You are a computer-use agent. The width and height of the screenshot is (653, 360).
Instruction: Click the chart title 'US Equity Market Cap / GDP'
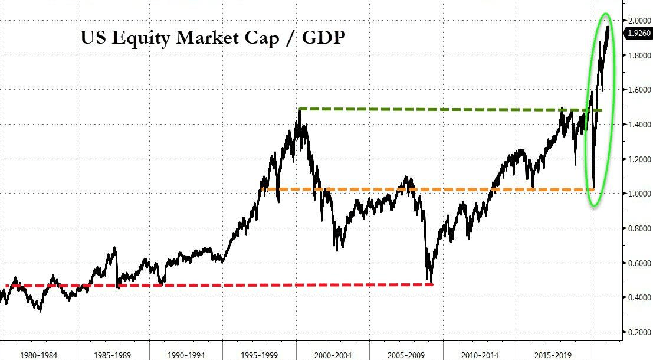tap(213, 38)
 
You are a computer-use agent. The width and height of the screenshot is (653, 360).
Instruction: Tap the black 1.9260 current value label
tap(639, 34)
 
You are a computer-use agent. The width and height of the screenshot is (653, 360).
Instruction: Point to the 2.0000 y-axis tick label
tap(639, 21)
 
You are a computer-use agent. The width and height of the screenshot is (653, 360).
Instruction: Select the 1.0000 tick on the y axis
tap(639, 194)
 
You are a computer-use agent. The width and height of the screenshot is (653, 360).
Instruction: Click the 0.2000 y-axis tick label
tap(639, 332)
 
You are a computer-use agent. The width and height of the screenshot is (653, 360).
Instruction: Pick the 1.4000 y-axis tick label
tap(639, 125)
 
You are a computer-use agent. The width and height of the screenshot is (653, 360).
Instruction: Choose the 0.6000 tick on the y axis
tap(639, 263)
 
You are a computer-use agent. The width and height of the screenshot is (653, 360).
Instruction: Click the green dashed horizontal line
tap(442, 109)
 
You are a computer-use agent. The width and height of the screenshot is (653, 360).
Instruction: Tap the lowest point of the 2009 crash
tap(432, 283)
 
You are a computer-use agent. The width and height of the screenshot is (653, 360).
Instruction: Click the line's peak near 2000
tap(300, 111)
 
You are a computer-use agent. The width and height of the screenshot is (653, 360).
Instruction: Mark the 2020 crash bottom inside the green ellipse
tap(593, 188)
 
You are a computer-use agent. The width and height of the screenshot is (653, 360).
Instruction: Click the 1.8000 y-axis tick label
tap(639, 55)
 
